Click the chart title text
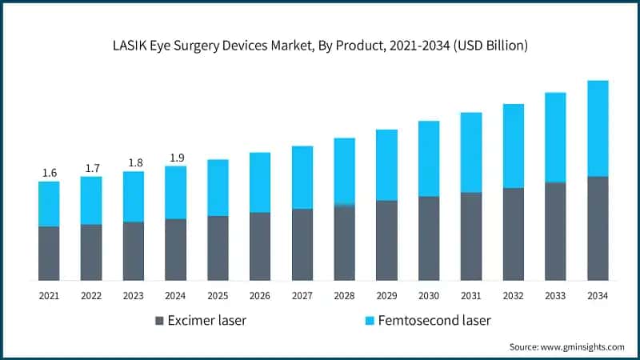pos(320,46)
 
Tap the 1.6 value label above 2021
pos(49,173)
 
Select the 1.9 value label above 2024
pos(175,158)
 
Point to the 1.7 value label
pos(91,168)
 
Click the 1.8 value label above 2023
pos(134,163)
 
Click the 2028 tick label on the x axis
pos(344,296)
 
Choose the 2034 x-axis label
pos(598,296)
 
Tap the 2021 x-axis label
pos(49,296)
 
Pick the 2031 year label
pos(471,296)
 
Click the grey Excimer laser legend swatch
pos(160,321)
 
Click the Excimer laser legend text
pos(207,321)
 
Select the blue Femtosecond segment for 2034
pos(598,128)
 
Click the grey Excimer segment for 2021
pos(49,253)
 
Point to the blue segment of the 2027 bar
pos(302,178)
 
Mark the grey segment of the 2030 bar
pos(429,238)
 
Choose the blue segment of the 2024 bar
pos(175,192)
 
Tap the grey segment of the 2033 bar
pos(555,231)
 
